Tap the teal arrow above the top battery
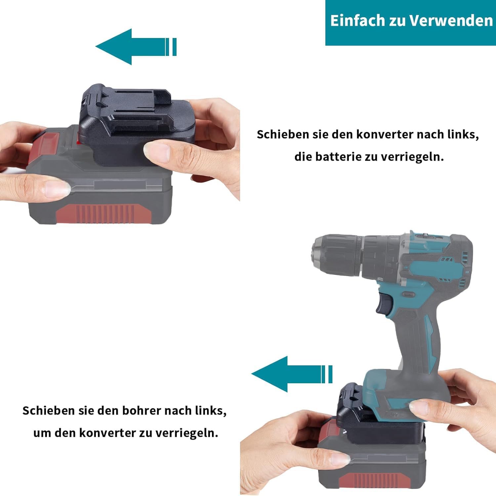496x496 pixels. (x=136, y=47)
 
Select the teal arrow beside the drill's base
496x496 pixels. (x=292, y=374)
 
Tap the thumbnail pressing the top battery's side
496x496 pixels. (x=58, y=189)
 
